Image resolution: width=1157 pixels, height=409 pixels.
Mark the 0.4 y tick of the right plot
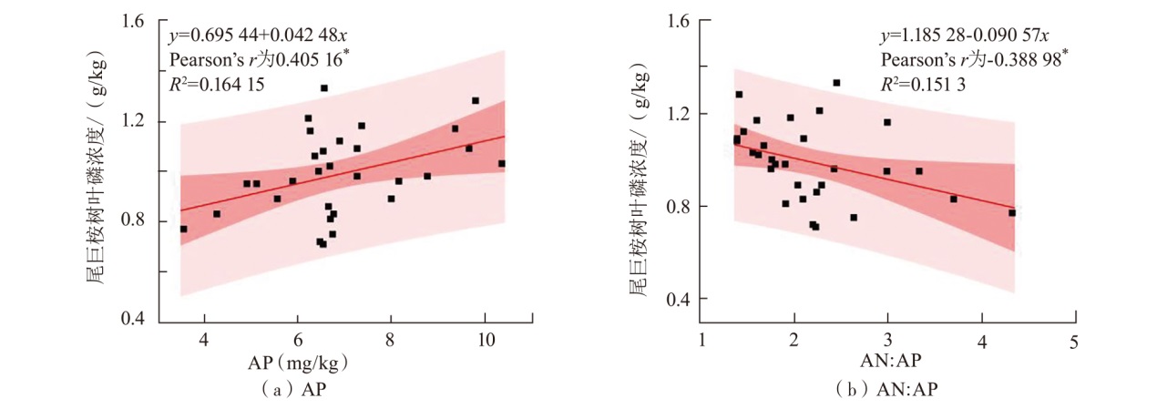click(681, 300)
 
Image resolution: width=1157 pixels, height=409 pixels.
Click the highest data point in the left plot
click(323, 88)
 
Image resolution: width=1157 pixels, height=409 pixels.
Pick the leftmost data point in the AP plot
click(183, 229)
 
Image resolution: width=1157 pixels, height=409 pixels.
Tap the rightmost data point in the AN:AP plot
click(1012, 213)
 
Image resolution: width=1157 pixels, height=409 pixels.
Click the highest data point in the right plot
click(836, 83)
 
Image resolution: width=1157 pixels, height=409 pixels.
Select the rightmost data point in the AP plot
click(501, 164)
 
